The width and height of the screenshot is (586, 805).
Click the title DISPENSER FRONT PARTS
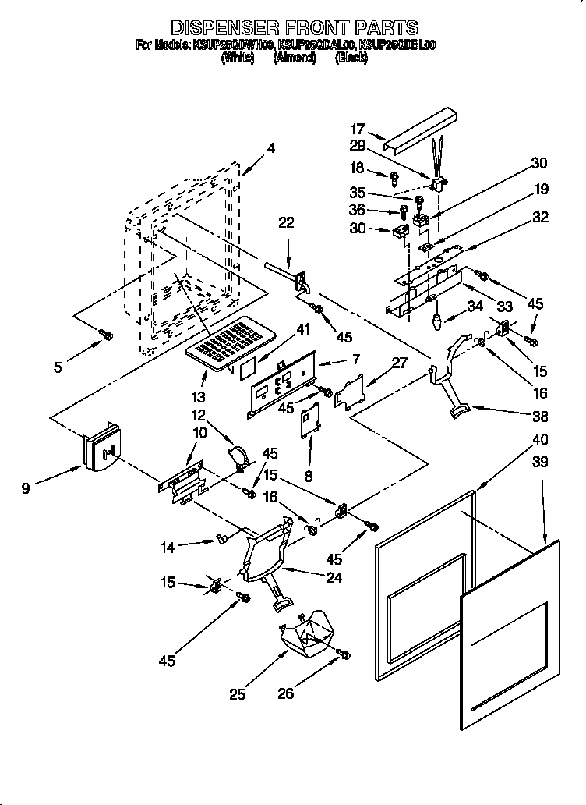tap(294, 29)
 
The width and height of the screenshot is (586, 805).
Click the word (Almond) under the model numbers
tap(294, 58)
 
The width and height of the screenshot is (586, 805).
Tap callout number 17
tap(357, 130)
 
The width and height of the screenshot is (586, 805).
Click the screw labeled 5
tap(106, 335)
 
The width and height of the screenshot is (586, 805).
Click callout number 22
tap(287, 223)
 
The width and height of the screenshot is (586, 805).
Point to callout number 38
tap(518, 416)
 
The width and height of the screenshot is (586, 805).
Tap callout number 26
tap(286, 692)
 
